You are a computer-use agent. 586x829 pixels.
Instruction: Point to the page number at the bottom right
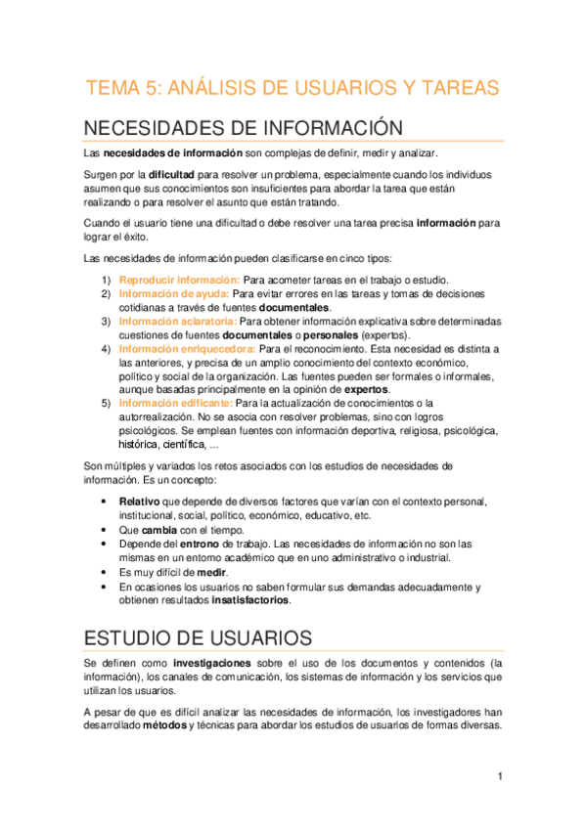tap(499, 776)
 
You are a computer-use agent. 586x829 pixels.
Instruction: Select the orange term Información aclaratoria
tap(177, 321)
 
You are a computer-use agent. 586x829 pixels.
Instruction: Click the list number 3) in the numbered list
tap(107, 321)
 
